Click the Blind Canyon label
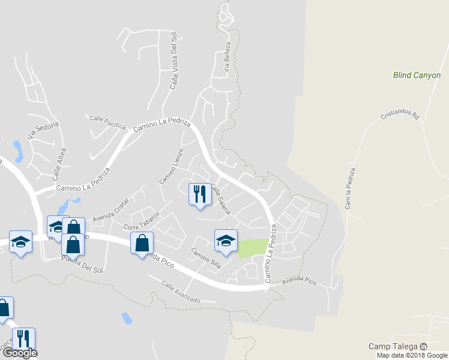(x=416, y=76)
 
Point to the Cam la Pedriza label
(x=349, y=188)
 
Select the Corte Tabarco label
(x=140, y=221)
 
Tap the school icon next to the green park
(x=226, y=241)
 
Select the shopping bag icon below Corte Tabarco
(x=142, y=244)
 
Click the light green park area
(x=253, y=248)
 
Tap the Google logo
(x=19, y=353)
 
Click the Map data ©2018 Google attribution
(x=411, y=355)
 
